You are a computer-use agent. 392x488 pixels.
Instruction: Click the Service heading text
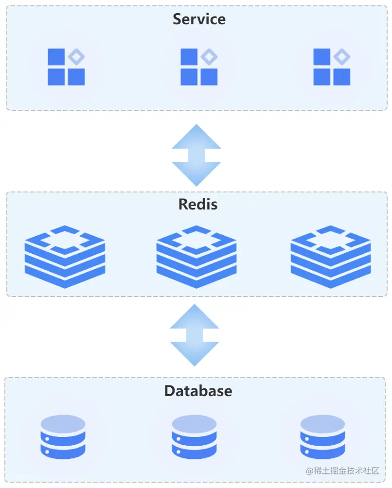(199, 19)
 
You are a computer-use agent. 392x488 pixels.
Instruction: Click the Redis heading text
(198, 204)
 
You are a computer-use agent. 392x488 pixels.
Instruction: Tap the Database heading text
(198, 391)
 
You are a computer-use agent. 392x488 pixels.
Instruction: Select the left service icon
(66, 67)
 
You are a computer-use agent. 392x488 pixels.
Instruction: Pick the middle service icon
(199, 67)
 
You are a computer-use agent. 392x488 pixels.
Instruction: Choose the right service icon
(332, 67)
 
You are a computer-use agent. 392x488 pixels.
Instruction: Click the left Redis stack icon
(65, 257)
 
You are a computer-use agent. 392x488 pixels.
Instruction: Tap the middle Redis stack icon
(196, 257)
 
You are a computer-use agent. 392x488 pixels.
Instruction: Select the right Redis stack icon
(331, 257)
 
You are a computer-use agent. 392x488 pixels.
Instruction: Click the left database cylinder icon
(63, 436)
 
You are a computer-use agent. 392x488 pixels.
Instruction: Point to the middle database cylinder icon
(194, 436)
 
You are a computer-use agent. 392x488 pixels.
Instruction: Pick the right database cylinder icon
(322, 436)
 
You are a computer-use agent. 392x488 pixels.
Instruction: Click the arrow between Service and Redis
(196, 155)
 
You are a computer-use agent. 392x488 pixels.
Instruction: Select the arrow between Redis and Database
(195, 335)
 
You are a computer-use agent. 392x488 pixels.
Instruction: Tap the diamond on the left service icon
(76, 57)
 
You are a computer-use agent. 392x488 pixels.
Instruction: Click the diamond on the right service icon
(342, 57)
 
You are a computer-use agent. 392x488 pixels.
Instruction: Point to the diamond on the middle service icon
(209, 57)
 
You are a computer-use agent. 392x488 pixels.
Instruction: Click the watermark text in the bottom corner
(342, 471)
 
